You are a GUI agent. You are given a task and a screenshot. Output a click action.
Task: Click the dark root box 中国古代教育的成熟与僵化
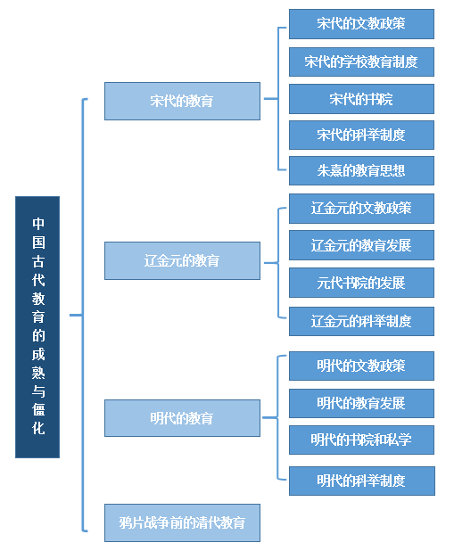click(37, 327)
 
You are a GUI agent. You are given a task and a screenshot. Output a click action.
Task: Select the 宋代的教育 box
click(182, 102)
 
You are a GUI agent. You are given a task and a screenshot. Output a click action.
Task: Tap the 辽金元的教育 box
click(182, 260)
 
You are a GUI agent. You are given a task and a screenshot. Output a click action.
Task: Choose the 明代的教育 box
click(182, 418)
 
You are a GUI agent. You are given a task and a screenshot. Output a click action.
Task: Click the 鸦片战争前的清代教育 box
click(182, 522)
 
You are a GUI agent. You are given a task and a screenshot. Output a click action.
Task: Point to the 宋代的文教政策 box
click(361, 24)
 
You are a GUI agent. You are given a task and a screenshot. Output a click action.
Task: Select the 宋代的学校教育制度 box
click(361, 62)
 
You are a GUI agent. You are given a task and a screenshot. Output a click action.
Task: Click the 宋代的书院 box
click(361, 99)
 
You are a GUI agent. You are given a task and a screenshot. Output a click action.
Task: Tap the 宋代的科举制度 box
click(361, 135)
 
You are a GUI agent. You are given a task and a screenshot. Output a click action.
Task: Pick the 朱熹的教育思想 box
click(361, 171)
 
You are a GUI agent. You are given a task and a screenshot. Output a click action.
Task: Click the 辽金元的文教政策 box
click(361, 209)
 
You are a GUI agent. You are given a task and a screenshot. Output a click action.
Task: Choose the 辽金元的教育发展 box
click(361, 245)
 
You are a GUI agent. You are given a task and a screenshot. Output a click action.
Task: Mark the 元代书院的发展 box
click(361, 283)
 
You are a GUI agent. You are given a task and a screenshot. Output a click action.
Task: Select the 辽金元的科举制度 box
click(361, 321)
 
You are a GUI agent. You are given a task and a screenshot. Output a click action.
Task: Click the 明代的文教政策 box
click(361, 366)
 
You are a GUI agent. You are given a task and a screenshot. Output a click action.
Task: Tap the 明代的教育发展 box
click(361, 403)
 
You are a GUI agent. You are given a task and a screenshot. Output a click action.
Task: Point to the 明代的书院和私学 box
click(361, 440)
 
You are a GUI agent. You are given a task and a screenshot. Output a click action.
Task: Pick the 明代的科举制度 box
click(362, 481)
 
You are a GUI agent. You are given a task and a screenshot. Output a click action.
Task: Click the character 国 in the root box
click(38, 243)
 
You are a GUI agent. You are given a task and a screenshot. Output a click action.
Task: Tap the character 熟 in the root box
click(38, 373)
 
